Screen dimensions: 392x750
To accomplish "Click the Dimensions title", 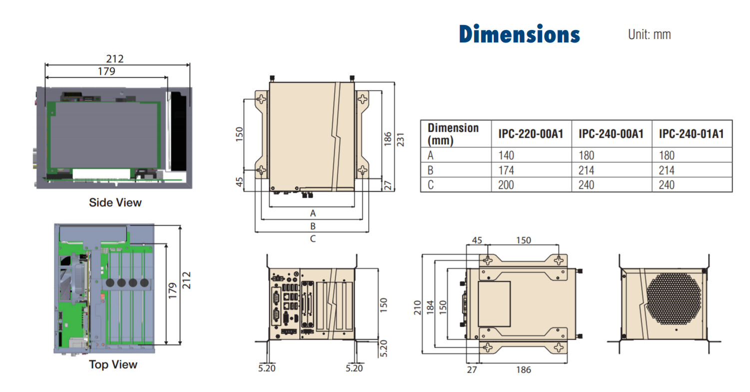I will point(519,34).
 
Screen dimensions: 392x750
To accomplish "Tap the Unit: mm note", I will point(649,34).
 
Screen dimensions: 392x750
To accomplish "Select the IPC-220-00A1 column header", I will point(531,134).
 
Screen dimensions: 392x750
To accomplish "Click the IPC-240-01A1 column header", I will point(691,134).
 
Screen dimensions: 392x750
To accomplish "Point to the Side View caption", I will point(115,203).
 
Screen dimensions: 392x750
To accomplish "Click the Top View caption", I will point(113,365).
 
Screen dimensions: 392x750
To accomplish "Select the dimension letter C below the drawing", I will point(313,239).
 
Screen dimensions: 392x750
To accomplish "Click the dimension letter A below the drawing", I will point(313,213).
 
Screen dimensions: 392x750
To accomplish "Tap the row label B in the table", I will point(431,170).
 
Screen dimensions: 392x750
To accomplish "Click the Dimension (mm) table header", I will point(453,134).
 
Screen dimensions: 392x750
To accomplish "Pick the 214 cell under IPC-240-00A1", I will point(586,170).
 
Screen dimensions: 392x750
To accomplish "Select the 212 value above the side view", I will point(115,59).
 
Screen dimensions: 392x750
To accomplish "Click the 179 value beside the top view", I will point(171,292).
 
